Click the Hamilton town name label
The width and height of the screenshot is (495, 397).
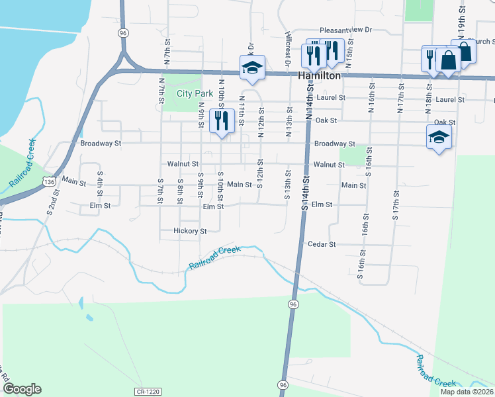pyautogui.click(x=319, y=76)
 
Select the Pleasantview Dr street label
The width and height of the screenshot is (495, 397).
pyautogui.click(x=346, y=30)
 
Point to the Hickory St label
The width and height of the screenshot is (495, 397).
pyautogui.click(x=190, y=231)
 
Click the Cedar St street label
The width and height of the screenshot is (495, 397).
pyautogui.click(x=322, y=244)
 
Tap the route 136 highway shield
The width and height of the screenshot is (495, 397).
pyautogui.click(x=48, y=181)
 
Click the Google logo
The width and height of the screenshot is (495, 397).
pyautogui.click(x=22, y=389)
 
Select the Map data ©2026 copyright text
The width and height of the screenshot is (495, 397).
pyautogui.click(x=467, y=392)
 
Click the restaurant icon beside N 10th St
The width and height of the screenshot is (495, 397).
pyautogui.click(x=220, y=120)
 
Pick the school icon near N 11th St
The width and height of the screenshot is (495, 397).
pyautogui.click(x=252, y=67)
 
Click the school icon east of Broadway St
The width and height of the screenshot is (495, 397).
pyautogui.click(x=439, y=138)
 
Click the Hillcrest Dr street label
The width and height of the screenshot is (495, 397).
pyautogui.click(x=289, y=50)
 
